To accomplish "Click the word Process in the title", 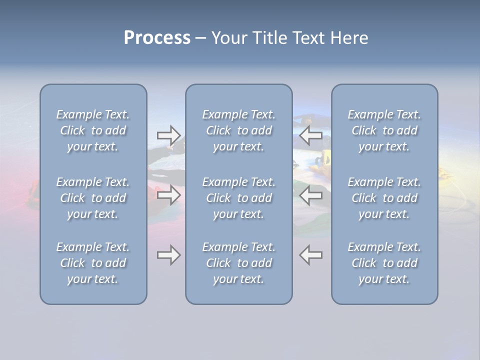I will pyautogui.click(x=157, y=38).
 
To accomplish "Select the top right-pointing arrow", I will pyautogui.click(x=168, y=135).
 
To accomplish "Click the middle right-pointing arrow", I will pyautogui.click(x=168, y=195).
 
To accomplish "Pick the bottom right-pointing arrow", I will pyautogui.click(x=168, y=255).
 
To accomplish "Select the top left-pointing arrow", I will pyautogui.click(x=311, y=135).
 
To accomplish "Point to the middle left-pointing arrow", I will pyautogui.click(x=311, y=195).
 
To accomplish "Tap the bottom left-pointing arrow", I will pyautogui.click(x=311, y=255).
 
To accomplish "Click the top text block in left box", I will pyautogui.click(x=93, y=130).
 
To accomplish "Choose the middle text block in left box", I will pyautogui.click(x=93, y=198).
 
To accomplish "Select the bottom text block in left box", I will pyautogui.click(x=93, y=263).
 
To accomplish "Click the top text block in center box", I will pyautogui.click(x=239, y=130).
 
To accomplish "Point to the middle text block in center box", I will pyautogui.click(x=239, y=198).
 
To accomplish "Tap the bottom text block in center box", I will pyautogui.click(x=239, y=263).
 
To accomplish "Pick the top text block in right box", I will pyautogui.click(x=384, y=130).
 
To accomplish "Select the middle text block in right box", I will pyautogui.click(x=384, y=198).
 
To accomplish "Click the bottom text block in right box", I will pyautogui.click(x=384, y=263).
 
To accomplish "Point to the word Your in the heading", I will pyautogui.click(x=228, y=38).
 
